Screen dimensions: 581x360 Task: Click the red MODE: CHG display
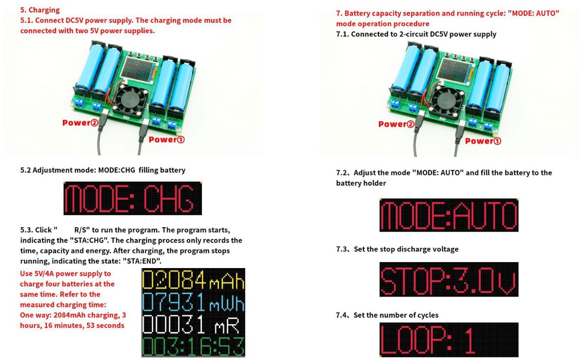(132, 198)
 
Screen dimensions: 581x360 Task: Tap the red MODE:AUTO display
(449, 215)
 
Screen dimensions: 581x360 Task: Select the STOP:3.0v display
(449, 279)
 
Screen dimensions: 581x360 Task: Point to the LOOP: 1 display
(449, 340)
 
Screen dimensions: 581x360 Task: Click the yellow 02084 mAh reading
(193, 279)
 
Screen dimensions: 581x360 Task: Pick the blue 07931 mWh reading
(193, 302)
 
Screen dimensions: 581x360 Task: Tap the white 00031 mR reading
(191, 324)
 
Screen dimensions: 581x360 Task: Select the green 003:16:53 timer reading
(193, 346)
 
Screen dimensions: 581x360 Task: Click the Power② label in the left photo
(80, 123)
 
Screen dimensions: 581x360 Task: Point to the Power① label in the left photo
(166, 140)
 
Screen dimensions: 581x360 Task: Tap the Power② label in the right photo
(396, 124)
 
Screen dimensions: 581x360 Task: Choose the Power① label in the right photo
(483, 141)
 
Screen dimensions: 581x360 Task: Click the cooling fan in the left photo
(131, 100)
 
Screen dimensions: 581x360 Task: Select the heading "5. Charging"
(40, 10)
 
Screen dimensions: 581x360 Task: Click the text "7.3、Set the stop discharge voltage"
(397, 249)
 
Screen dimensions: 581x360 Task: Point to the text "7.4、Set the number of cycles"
(387, 315)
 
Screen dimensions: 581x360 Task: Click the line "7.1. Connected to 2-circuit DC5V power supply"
(416, 34)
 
